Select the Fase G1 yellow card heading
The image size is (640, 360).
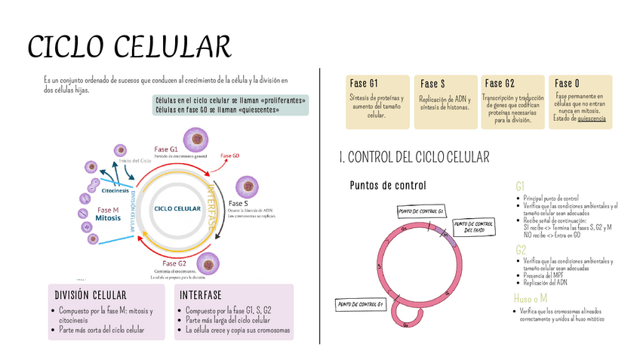coord(364,83)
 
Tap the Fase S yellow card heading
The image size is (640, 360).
coord(432,83)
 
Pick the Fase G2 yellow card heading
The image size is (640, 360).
coord(500,83)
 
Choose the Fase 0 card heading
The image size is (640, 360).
coord(567,83)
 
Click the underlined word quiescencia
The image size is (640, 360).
coord(590,118)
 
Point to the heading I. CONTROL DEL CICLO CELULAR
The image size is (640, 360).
coord(414,157)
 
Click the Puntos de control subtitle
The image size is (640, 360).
coord(388,186)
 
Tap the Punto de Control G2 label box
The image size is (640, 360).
coord(420,211)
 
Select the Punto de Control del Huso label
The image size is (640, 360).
coord(474,226)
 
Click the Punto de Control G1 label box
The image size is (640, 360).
coord(361,304)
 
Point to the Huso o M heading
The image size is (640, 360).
coord(531,299)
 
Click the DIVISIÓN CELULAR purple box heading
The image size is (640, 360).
coord(91,294)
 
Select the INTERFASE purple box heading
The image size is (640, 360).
coord(201,294)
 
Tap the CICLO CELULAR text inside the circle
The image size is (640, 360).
coord(177,208)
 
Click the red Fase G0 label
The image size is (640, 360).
coord(230,155)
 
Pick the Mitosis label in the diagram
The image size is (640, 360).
coord(108,218)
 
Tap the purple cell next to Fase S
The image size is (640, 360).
coord(247,186)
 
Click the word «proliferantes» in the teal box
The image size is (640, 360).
coord(281,100)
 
